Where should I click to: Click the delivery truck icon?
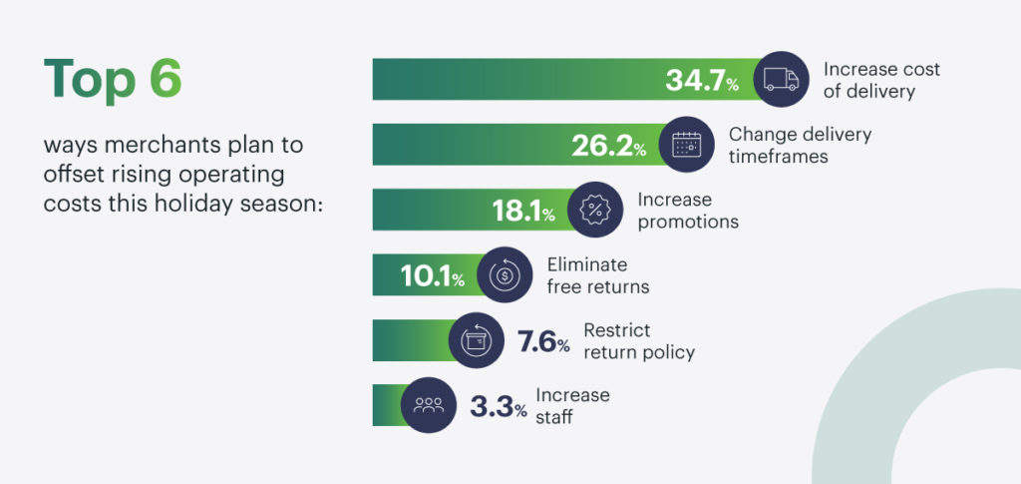coord(781,79)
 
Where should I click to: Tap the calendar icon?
coord(686,144)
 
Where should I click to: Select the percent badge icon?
coord(595,210)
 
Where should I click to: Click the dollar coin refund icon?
coord(505,274)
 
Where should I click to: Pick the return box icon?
coord(476,340)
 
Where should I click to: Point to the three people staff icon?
coord(429,405)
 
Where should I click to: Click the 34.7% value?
coord(702,80)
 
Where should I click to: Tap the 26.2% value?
coord(609,146)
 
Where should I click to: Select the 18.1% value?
coord(523,211)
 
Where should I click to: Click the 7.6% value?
coord(543,341)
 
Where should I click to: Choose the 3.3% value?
coord(499,406)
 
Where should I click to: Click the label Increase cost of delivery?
coord(881,80)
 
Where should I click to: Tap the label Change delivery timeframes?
coord(800,146)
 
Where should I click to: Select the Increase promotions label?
coord(688,211)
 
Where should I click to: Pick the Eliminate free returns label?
coord(598,275)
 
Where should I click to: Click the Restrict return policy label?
coord(639,341)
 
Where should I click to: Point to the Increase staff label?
coord(572,406)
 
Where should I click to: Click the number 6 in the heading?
coord(165,79)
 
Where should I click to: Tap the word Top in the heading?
coord(90,82)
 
